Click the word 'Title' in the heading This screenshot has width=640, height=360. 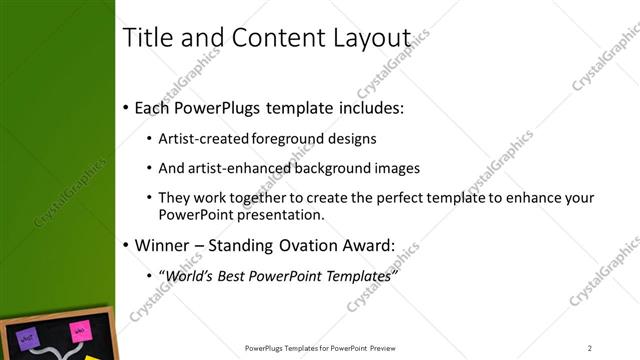[144, 37]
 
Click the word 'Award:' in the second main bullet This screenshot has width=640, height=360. [369, 245]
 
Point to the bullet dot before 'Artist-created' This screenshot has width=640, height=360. [149, 140]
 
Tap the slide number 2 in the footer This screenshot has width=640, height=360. [590, 348]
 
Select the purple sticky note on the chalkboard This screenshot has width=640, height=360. [29, 337]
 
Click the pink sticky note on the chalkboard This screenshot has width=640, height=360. [78, 331]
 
